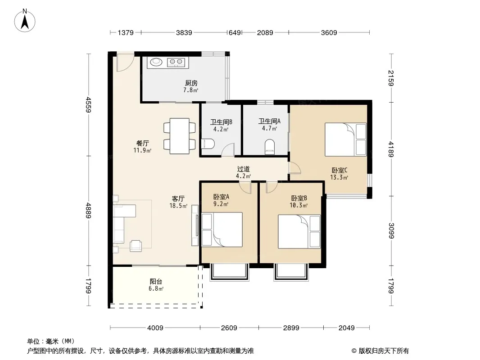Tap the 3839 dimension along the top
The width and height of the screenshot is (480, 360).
pos(184,32)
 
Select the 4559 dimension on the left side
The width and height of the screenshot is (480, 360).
pos(88,104)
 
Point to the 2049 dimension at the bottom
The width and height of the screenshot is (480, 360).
pos(347,328)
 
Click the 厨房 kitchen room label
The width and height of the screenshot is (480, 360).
pos(191,83)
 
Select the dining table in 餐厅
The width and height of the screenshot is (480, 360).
pos(180,136)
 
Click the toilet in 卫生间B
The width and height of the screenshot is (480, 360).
pos(208,144)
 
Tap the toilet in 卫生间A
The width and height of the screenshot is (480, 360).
pos(270,147)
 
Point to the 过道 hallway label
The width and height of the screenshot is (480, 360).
pos(243,169)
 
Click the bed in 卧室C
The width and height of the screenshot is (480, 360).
pos(346,139)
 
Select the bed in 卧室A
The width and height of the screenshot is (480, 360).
pos(222,229)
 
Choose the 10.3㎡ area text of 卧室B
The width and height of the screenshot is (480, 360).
pos(299,206)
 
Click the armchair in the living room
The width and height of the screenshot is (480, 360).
pos(136,246)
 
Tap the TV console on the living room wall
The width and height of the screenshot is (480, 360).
pos(195,225)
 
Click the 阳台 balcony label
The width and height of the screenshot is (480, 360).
pos(156,281)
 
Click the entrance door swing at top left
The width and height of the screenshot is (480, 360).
pos(125,63)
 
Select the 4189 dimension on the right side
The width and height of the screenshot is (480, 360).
pos(391,149)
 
